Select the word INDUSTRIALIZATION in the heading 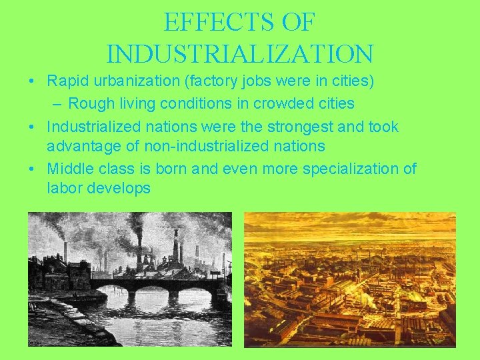click(x=239, y=53)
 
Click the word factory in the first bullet click(x=212, y=82)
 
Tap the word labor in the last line click(x=65, y=188)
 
